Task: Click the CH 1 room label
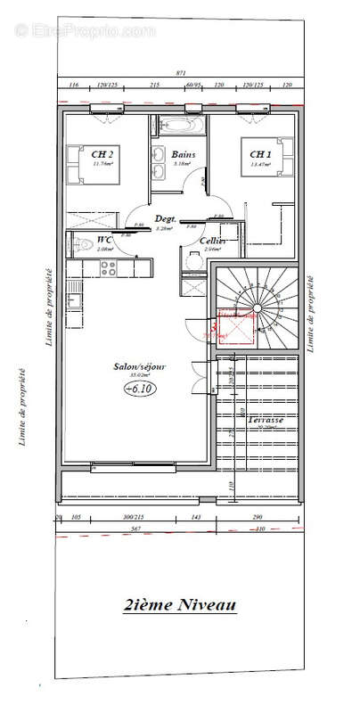pyautogui.click(x=260, y=154)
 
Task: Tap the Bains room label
pyautogui.click(x=183, y=154)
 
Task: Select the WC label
pyautogui.click(x=104, y=241)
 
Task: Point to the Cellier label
pyautogui.click(x=212, y=242)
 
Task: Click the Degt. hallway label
pyautogui.click(x=165, y=219)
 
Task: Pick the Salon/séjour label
pyautogui.click(x=140, y=366)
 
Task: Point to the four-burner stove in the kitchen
pyautogui.click(x=108, y=266)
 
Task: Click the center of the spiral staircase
pyautogui.click(x=257, y=309)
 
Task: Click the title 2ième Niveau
pyautogui.click(x=180, y=606)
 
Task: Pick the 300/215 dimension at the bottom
pyautogui.click(x=134, y=517)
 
